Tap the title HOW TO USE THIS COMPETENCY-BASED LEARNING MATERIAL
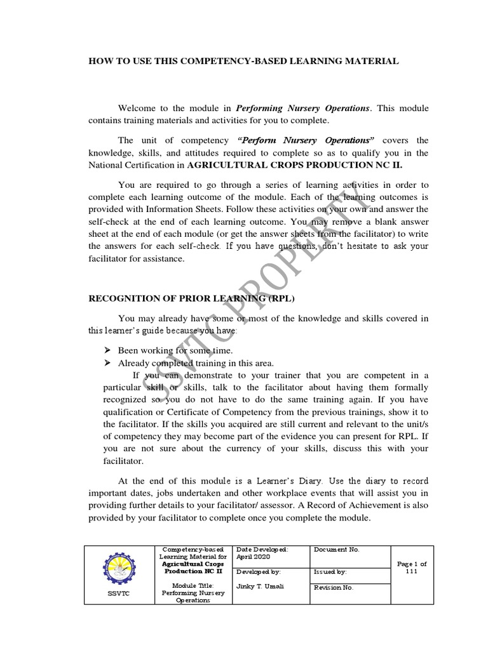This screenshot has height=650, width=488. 243,61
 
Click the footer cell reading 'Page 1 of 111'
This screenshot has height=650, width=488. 411,567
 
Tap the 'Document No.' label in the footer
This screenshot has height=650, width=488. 336,550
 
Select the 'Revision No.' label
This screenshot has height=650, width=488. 334,588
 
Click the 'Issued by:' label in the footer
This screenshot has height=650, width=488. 329,572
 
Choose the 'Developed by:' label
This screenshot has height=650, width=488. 258,572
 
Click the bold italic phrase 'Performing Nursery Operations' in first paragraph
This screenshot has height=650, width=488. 302,108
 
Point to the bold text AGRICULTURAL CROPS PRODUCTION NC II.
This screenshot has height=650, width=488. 294,164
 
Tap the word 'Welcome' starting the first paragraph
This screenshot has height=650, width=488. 137,108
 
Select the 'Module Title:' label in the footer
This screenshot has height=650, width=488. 191,585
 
